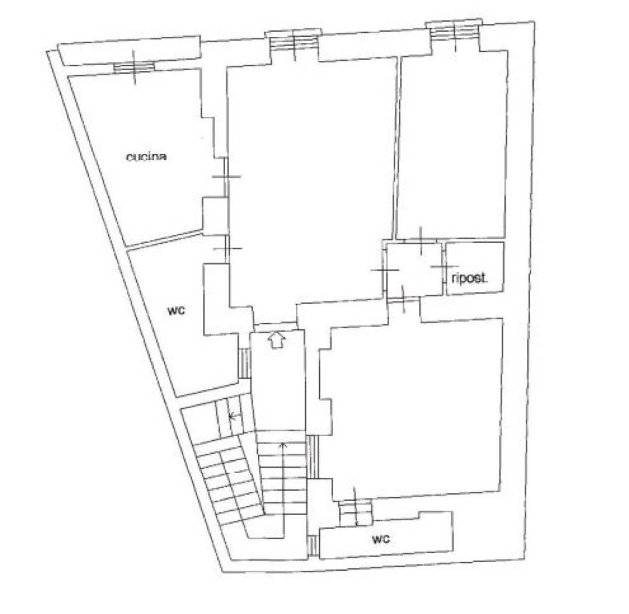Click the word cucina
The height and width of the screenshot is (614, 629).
pyautogui.click(x=146, y=157)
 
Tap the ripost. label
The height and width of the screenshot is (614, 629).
pyautogui.click(x=469, y=278)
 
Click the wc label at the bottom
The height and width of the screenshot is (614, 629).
pyautogui.click(x=381, y=539)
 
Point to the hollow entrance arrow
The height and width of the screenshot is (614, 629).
pyautogui.click(x=277, y=340)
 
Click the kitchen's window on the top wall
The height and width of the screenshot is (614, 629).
pyautogui.click(x=134, y=67)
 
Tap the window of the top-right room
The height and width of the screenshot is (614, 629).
pyautogui.click(x=455, y=33)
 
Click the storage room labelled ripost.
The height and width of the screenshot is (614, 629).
pyautogui.click(x=475, y=268)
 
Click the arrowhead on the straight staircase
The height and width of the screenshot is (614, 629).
pyautogui.click(x=284, y=444)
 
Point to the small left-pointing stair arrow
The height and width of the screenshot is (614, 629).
pyautogui.click(x=235, y=416)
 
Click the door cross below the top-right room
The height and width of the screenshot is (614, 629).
pyautogui.click(x=421, y=241)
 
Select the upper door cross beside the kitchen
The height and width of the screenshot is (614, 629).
pyautogui.click(x=227, y=176)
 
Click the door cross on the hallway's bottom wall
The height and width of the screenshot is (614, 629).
pyautogui.click(x=403, y=299)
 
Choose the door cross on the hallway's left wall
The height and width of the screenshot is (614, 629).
pyautogui.click(x=385, y=270)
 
